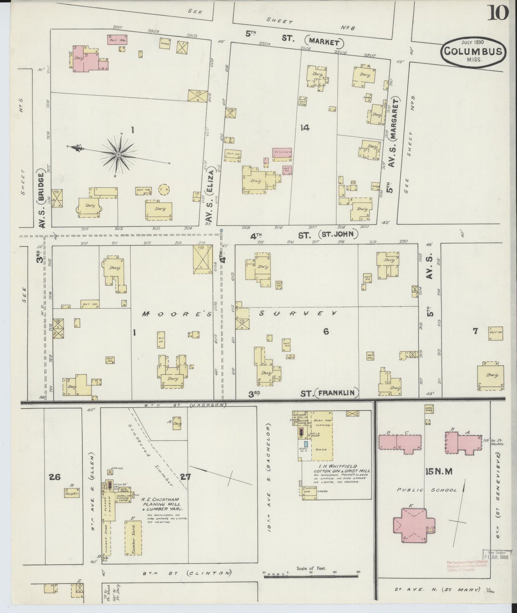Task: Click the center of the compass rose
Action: coord(118,155)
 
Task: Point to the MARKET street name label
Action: coord(324,42)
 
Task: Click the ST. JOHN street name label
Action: coord(337,234)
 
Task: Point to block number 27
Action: coord(186,476)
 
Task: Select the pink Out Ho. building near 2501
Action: coord(118,40)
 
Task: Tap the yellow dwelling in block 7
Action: coord(490,376)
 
